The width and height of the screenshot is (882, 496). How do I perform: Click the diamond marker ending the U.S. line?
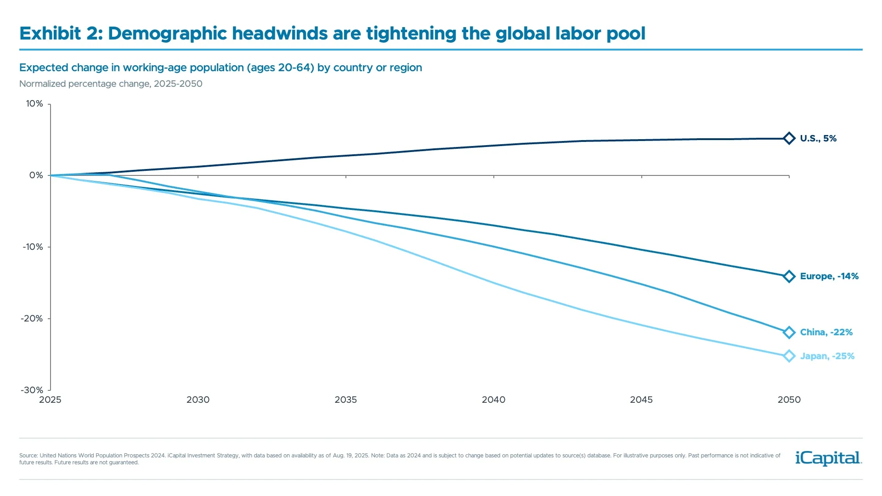tap(789, 138)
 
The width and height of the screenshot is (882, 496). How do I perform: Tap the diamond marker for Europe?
tap(789, 276)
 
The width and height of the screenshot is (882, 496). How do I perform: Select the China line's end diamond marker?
tap(789, 333)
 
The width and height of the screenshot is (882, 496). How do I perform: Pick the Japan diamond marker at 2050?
tap(789, 356)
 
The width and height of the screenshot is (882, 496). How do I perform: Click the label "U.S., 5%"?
tap(818, 138)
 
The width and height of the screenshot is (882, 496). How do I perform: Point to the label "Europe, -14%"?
tap(829, 276)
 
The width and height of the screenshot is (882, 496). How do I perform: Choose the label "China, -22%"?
tap(826, 333)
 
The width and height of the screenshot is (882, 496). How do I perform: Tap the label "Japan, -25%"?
tap(827, 356)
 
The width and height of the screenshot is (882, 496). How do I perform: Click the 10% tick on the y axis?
tap(34, 104)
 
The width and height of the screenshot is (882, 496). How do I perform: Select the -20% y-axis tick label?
tap(32, 319)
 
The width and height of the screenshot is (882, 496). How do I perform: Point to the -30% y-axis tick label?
tap(32, 390)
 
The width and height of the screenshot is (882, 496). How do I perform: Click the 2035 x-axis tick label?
tap(345, 400)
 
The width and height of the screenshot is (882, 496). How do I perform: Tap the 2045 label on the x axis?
tap(641, 400)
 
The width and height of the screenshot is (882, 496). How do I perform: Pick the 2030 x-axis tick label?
tap(198, 400)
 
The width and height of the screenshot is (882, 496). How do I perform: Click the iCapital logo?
tap(828, 458)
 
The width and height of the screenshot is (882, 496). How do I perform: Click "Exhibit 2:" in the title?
tap(61, 34)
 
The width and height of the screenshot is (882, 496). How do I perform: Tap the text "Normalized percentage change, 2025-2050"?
tap(111, 84)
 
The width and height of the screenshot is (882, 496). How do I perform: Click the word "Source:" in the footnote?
tap(28, 456)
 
